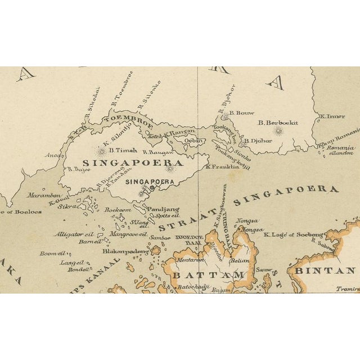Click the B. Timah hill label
pyautogui.click(x=120, y=150)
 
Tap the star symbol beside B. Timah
pyautogui.click(x=101, y=151)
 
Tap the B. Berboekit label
pyautogui.click(x=278, y=123)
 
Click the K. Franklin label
pyautogui.click(x=223, y=166)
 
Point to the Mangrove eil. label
pyautogui.click(x=128, y=233)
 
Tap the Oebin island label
pyautogui.click(x=193, y=140)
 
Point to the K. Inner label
pyautogui.click(x=332, y=116)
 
